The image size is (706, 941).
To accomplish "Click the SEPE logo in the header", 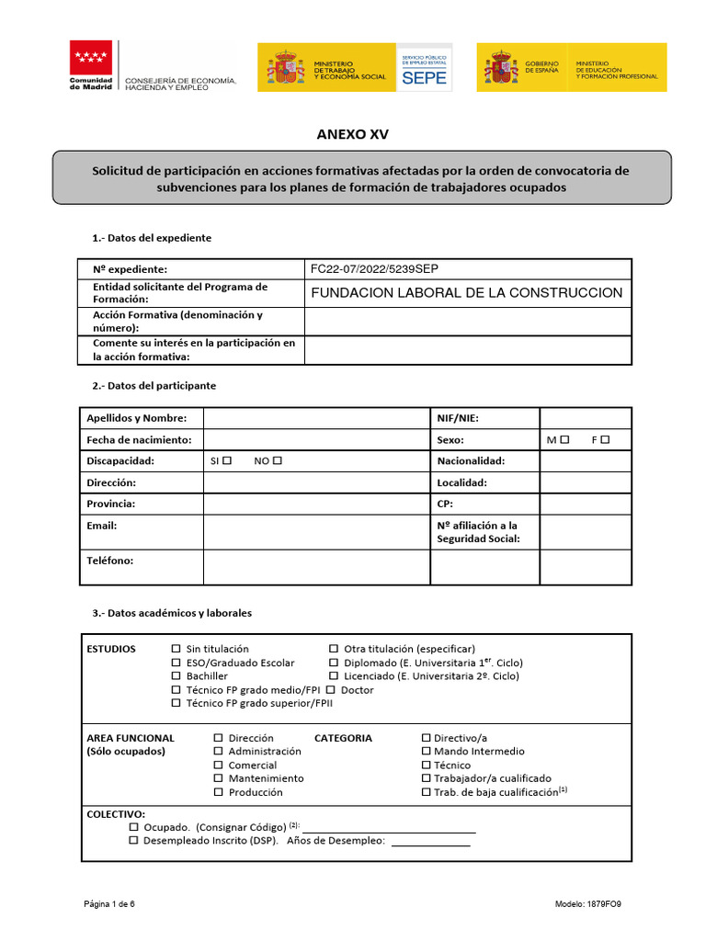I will (424, 68).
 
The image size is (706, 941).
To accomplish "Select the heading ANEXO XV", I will (352, 134).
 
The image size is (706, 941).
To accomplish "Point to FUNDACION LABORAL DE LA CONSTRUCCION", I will (467, 293).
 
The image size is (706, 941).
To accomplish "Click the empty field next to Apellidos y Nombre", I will (316, 418).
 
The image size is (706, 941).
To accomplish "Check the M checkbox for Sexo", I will (564, 440).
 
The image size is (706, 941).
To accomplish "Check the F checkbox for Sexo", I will (605, 440).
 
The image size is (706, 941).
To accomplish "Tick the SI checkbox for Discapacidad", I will (227, 460).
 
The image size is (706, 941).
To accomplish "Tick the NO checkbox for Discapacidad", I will (278, 460).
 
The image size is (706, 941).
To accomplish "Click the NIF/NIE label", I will (458, 418).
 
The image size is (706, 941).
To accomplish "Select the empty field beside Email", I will (316, 532).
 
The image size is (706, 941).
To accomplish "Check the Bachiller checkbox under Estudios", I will (176, 676).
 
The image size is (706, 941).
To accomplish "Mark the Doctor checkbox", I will (333, 689).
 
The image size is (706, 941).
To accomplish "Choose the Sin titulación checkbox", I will (176, 649).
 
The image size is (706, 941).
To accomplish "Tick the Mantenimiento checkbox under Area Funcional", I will (218, 778).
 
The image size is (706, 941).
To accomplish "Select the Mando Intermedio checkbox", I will (426, 752).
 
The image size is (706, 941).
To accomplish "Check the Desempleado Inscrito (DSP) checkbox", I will (134, 840).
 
